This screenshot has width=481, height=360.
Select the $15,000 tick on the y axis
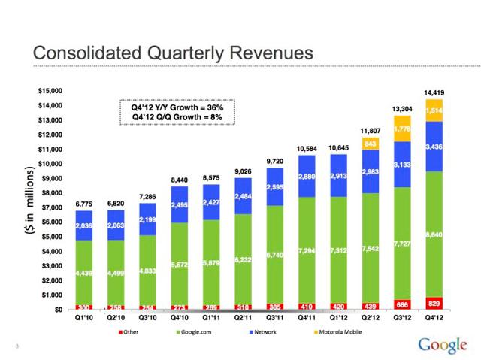tap(50, 91)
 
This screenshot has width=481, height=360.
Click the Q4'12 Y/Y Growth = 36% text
tap(172, 107)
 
